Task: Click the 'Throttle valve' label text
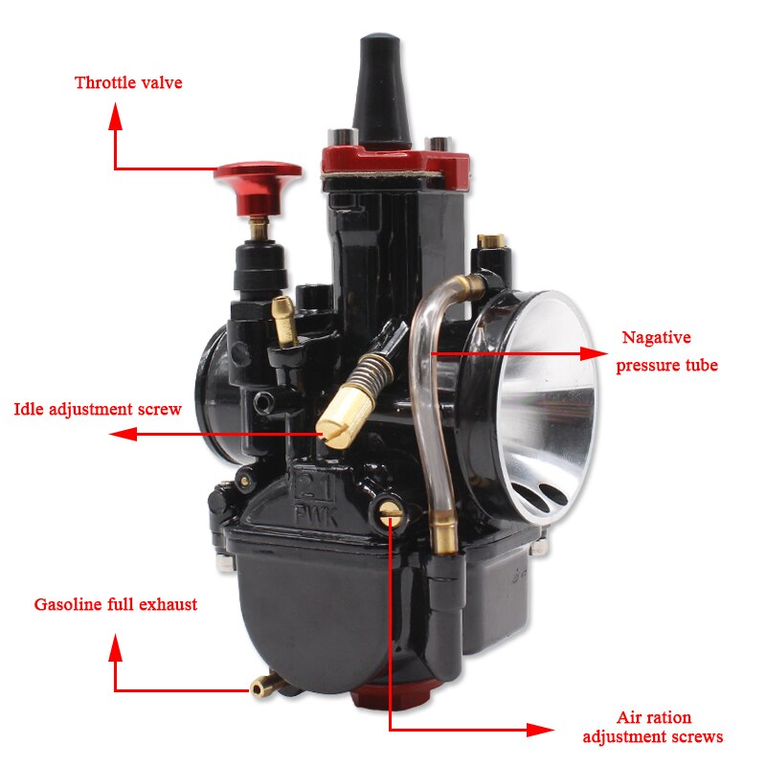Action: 128,82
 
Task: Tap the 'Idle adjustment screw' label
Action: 97,409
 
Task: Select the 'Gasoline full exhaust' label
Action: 116,604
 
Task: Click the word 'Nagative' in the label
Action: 656,337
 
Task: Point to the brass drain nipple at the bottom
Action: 262,687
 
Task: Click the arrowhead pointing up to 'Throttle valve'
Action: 116,117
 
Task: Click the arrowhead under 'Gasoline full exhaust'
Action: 116,651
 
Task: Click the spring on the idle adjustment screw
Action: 369,371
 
